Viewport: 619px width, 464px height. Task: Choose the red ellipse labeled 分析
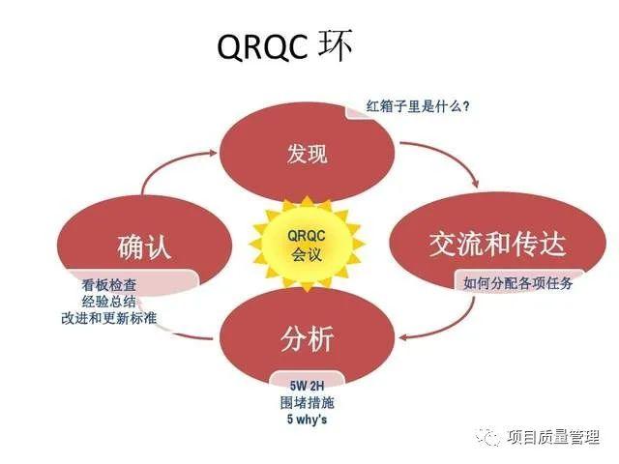(x=308, y=338)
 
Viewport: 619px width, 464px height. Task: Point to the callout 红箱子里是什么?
(x=418, y=105)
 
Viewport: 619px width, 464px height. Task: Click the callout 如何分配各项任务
(x=517, y=282)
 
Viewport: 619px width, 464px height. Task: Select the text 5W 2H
(x=307, y=384)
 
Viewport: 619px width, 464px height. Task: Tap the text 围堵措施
(x=307, y=401)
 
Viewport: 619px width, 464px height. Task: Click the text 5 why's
(x=307, y=419)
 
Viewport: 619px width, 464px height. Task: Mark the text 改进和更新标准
(x=108, y=320)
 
